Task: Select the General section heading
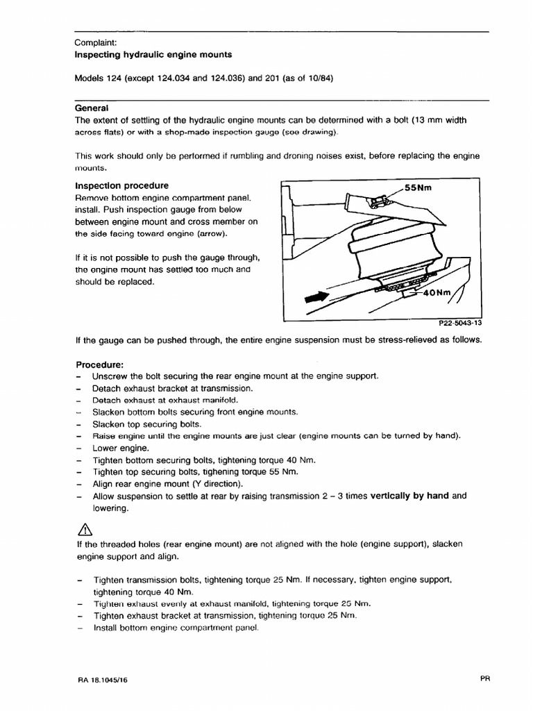click(92, 108)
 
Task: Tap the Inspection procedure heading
click(121, 186)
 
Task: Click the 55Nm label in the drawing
click(421, 187)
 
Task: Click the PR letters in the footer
click(484, 680)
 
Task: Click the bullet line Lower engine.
click(121, 448)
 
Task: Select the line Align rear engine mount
click(167, 484)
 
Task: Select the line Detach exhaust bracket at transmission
click(173, 388)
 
